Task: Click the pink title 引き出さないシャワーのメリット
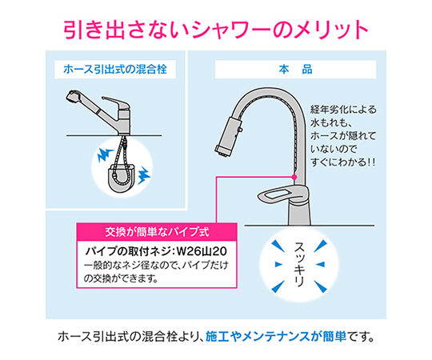point(216,30)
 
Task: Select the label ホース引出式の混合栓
point(115,69)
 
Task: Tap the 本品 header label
point(295,70)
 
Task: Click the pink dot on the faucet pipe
point(294,177)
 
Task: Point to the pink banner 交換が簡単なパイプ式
point(157,232)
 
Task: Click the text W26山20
point(202,251)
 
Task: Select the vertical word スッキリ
point(298,265)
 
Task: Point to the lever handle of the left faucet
point(116,102)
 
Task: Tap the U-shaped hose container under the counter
point(122,178)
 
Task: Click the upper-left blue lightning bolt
point(105,155)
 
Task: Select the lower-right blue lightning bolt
point(143,175)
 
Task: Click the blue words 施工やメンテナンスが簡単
point(276,336)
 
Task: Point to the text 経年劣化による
point(343,110)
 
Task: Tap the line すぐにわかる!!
point(342,162)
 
